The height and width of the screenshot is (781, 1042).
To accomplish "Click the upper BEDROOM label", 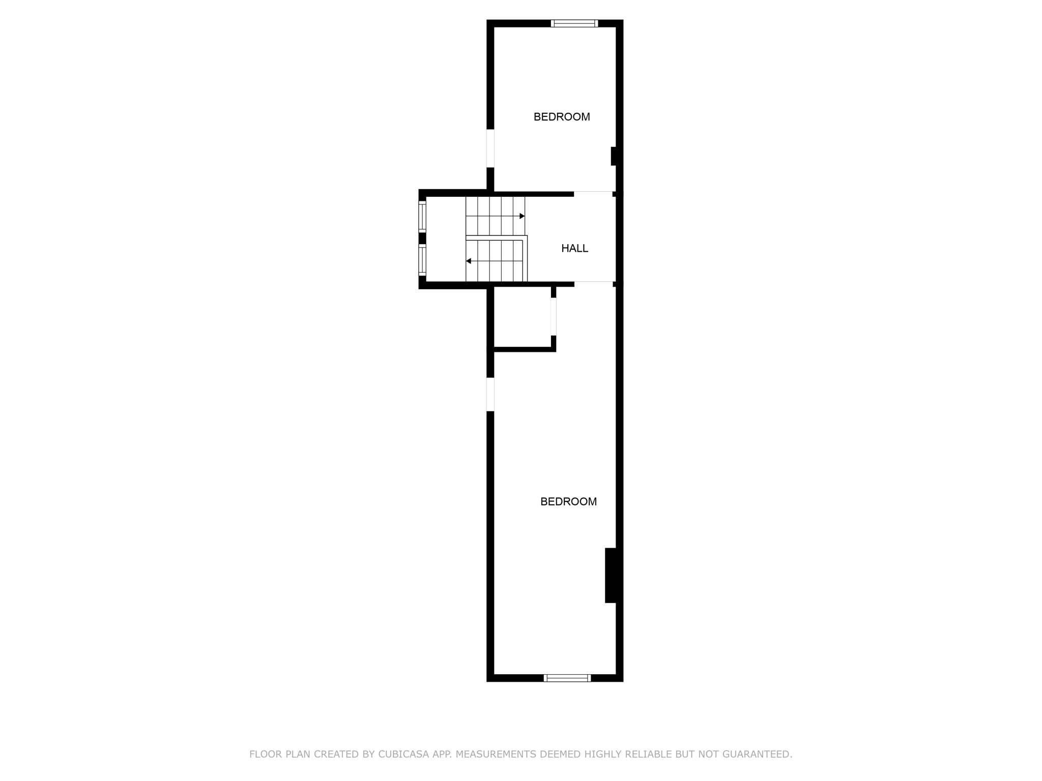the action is (x=562, y=117).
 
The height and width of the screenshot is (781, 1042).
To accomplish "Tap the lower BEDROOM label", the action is (x=568, y=502).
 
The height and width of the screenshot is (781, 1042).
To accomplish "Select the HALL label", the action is (x=574, y=249).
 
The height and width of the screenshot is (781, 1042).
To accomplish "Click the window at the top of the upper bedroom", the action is (x=574, y=23).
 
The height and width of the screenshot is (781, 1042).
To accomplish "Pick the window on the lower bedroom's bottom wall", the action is (x=567, y=678).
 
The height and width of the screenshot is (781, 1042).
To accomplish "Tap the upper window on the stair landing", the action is (x=422, y=217).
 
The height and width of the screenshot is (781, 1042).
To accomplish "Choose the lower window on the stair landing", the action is (x=422, y=260).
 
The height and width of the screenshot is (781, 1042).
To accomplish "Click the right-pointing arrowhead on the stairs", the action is (x=522, y=216).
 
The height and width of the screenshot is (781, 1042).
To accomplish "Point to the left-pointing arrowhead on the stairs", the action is (x=469, y=261).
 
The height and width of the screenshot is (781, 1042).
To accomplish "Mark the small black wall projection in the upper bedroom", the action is (x=614, y=156).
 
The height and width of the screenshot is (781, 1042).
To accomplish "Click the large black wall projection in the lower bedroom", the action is (x=611, y=575).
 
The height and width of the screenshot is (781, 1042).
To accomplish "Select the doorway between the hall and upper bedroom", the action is (x=593, y=194).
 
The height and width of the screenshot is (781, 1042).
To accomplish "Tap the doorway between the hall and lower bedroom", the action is (x=594, y=284).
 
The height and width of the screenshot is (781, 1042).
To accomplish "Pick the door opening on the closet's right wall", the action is (x=554, y=316).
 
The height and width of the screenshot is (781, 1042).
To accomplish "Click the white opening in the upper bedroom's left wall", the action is (x=490, y=148).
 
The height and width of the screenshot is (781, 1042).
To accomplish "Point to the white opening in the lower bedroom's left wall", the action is (x=490, y=394).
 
